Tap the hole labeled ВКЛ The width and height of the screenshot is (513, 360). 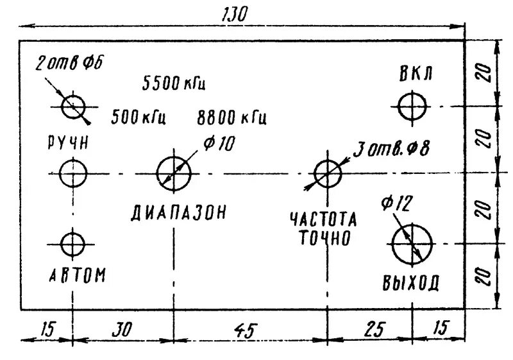pyautogui.click(x=412, y=106)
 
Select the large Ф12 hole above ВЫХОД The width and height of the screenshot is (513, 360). pyautogui.click(x=412, y=244)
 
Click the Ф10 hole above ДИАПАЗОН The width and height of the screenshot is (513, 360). pyautogui.click(x=174, y=173)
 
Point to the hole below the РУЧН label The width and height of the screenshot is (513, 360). pyautogui.click(x=73, y=173)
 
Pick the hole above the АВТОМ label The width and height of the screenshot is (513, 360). pyautogui.click(x=72, y=244)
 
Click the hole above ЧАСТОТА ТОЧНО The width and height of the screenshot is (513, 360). pyautogui.click(x=328, y=173)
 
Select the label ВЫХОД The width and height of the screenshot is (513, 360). pyautogui.click(x=412, y=282)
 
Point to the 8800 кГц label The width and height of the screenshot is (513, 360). pyautogui.click(x=231, y=118)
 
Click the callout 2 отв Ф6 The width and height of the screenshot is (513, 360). pyautogui.click(x=69, y=63)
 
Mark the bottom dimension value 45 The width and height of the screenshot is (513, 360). pyautogui.click(x=244, y=330)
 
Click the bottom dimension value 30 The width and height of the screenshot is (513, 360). pyautogui.click(x=120, y=330)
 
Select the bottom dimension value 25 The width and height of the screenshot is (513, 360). pyautogui.click(x=374, y=329)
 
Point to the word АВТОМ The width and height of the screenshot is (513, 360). pyautogui.click(x=78, y=275)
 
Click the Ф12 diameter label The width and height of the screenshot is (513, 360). pyautogui.click(x=396, y=204)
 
